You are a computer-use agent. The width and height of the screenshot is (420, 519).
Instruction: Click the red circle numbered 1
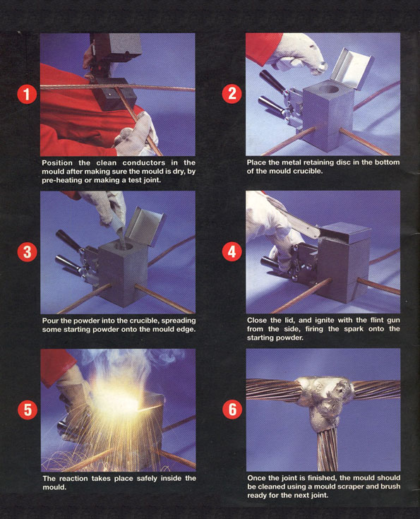pos(27,94)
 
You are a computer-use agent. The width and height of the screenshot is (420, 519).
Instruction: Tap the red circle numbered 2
pos(232,94)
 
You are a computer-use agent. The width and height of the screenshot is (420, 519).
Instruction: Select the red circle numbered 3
pos(27,252)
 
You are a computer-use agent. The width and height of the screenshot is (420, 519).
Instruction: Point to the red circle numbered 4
pos(232,251)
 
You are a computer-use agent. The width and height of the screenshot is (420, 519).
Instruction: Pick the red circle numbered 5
pos(28,410)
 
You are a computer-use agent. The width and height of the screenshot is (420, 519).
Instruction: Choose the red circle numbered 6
pos(232,410)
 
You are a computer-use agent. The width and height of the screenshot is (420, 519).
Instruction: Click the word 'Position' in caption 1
pos(57,163)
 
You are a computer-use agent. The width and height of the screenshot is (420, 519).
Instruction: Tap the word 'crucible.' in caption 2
pos(307,171)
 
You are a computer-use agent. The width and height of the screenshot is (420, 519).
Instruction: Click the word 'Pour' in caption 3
pos(49,321)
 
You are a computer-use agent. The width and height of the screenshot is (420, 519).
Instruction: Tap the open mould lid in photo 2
pos(352,68)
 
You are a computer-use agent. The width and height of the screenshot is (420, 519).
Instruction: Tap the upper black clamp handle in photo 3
pos(68,241)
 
